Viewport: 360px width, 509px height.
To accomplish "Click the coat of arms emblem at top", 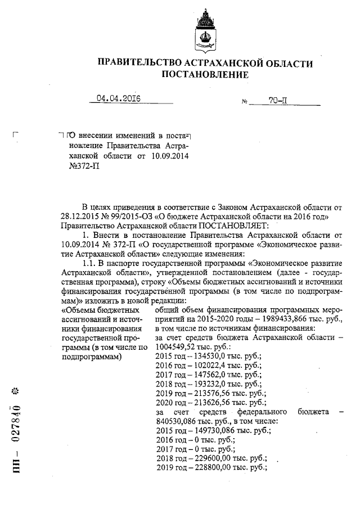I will pos(205,31).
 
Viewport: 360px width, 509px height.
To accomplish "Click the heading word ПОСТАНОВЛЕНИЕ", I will pos(205,74).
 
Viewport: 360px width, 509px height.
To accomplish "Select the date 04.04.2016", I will pos(118,99).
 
